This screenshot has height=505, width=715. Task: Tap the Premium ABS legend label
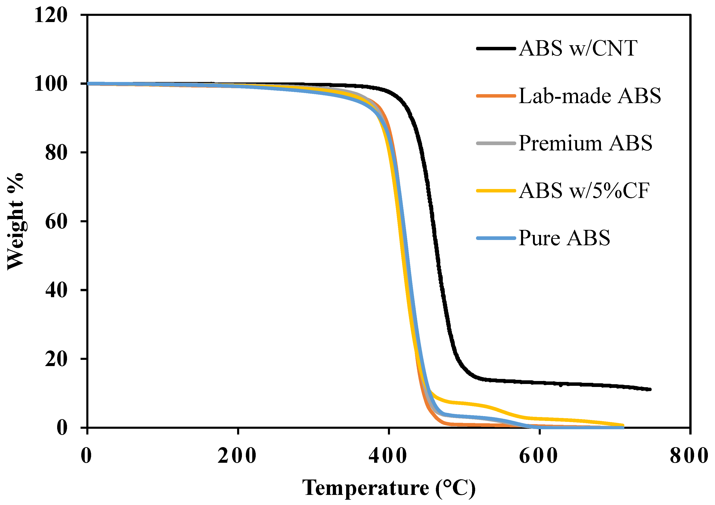click(x=585, y=143)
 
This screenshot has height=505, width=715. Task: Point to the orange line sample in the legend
click(x=496, y=96)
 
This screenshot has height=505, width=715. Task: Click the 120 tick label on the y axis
click(x=50, y=15)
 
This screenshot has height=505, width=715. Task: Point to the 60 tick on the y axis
click(x=56, y=222)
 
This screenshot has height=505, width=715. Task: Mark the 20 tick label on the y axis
click(x=56, y=359)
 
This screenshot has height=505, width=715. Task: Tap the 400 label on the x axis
click(x=388, y=456)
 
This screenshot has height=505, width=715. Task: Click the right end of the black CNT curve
click(x=650, y=389)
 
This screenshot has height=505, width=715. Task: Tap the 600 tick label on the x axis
click(x=538, y=456)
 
